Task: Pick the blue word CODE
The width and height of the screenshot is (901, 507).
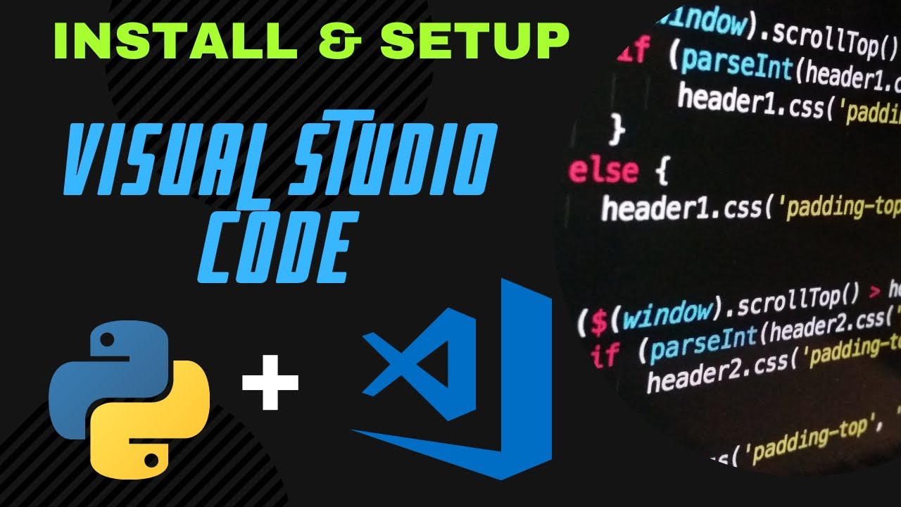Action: (275, 250)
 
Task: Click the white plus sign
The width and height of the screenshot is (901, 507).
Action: (270, 383)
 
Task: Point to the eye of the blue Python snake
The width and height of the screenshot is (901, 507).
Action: (106, 341)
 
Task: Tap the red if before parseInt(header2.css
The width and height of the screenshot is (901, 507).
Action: (606, 355)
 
